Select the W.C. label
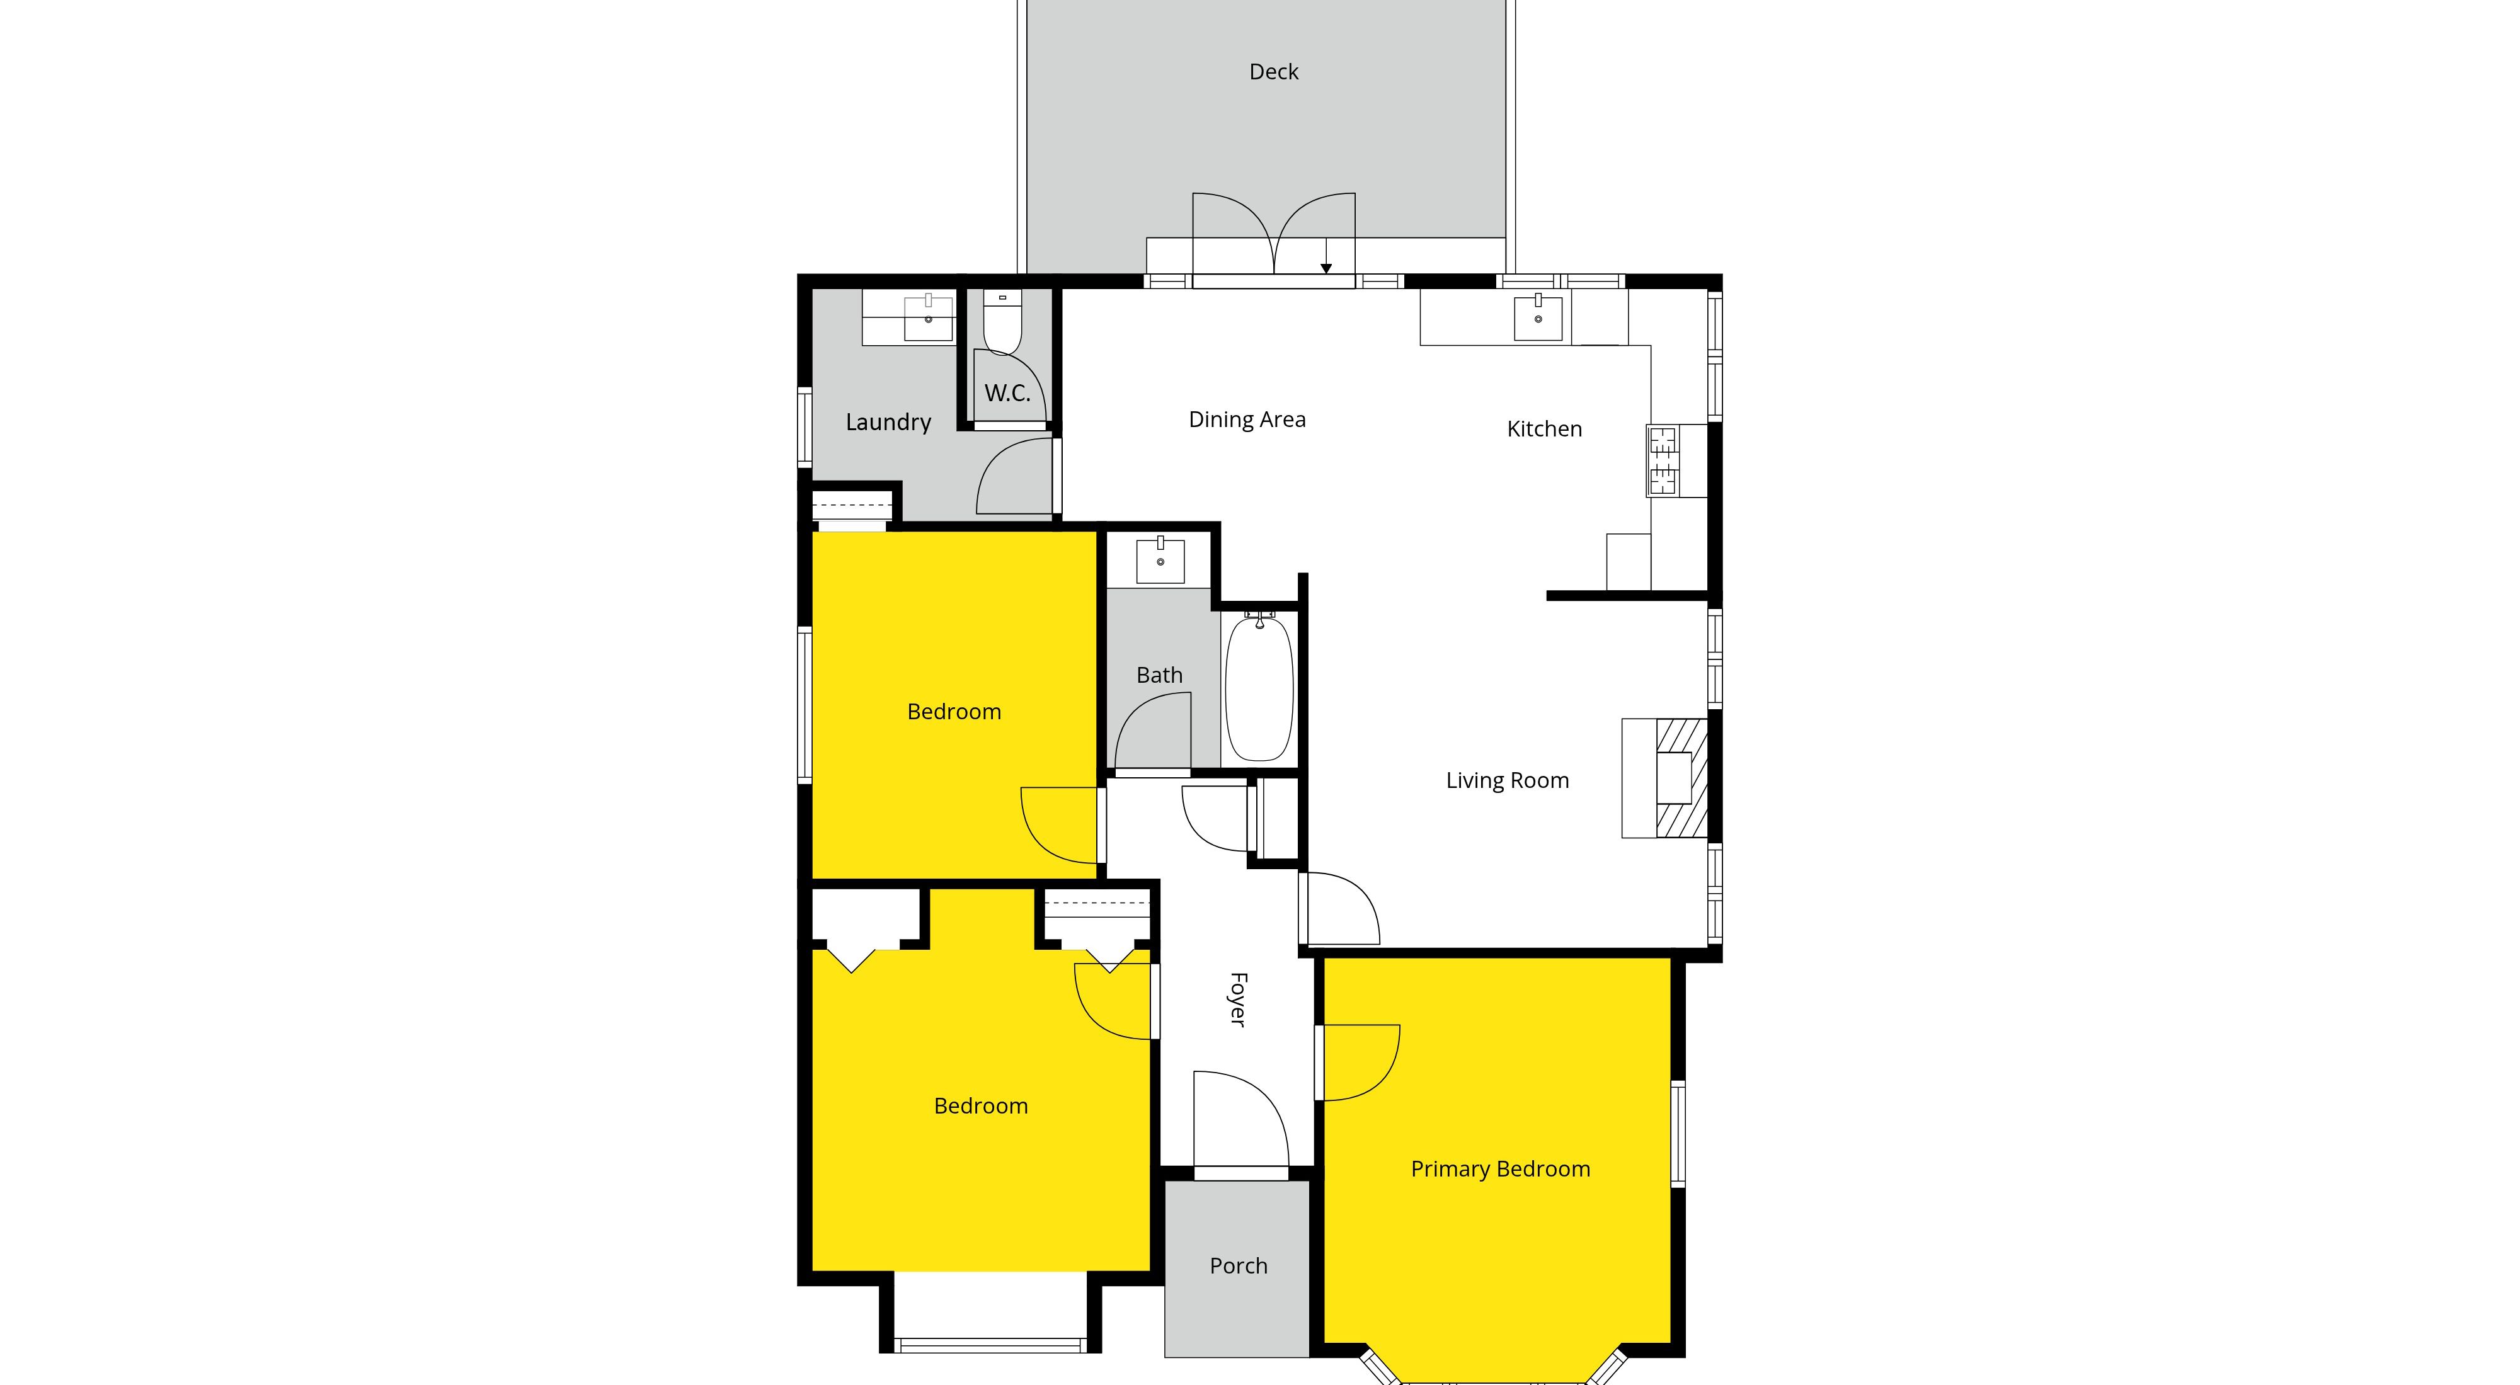click(1007, 393)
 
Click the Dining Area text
click(1247, 419)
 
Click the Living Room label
click(1508, 780)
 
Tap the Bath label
click(1159, 675)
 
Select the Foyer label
click(1237, 1000)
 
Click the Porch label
click(1239, 1266)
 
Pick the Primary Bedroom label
click(1501, 1169)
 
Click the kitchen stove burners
click(1663, 460)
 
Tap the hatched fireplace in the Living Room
click(1681, 778)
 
